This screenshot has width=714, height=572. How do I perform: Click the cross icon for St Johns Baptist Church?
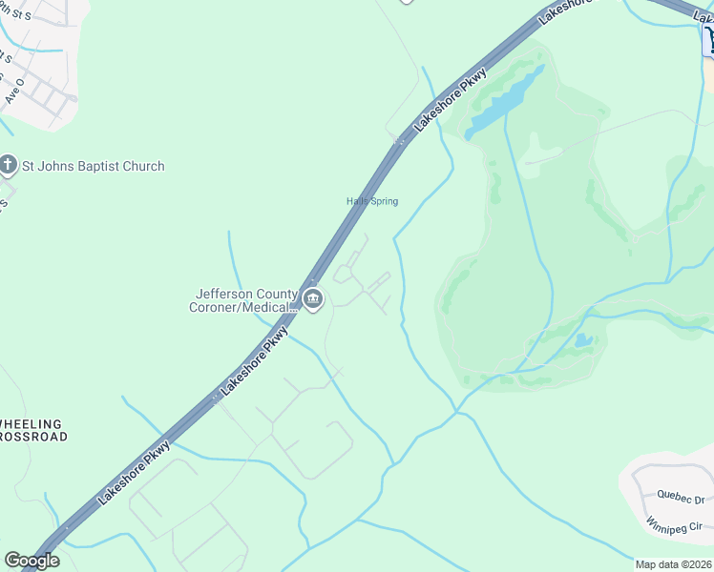point(10,166)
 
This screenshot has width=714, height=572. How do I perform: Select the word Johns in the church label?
point(53,166)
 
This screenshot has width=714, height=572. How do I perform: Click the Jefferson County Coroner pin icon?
point(312,301)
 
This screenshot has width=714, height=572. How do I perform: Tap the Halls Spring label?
point(371,201)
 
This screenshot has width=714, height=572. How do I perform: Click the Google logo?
point(31,561)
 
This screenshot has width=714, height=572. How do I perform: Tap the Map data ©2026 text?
point(673,564)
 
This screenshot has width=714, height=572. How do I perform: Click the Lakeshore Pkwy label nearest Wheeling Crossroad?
point(134,472)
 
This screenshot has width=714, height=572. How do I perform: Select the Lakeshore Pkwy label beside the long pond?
point(450,101)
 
